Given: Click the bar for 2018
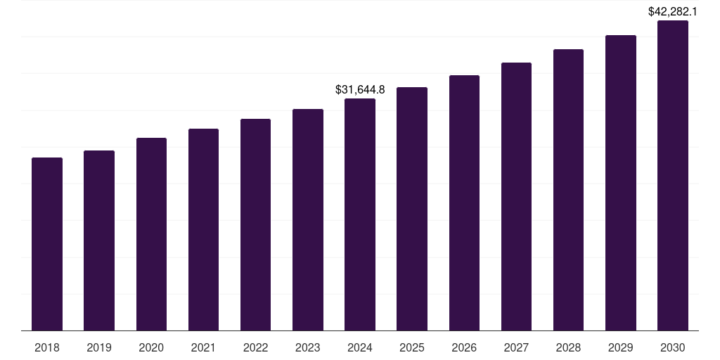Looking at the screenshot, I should (47, 244).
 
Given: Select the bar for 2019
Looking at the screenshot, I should (99, 240).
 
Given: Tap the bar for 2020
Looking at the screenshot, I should (151, 234).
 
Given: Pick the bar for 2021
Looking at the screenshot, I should (203, 230).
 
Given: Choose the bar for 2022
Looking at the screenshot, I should (255, 225).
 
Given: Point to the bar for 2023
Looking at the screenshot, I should (308, 220).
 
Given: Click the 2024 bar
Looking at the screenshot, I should (360, 214).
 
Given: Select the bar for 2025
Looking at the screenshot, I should (412, 209).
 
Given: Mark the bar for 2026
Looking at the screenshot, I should (464, 203).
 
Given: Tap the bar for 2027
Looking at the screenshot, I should (516, 197).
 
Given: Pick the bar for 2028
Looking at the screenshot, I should (568, 190).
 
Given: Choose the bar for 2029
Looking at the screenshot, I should (621, 183).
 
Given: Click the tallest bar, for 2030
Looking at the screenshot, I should (673, 176).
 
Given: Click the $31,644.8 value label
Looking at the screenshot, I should (360, 90).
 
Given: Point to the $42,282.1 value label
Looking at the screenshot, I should (673, 12).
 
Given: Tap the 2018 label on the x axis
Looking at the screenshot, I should (47, 347).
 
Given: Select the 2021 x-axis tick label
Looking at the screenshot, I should (203, 347).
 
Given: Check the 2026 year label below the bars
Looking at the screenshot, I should (464, 347).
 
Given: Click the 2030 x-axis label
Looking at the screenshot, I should (673, 347).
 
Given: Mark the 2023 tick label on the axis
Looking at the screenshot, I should (308, 347).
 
